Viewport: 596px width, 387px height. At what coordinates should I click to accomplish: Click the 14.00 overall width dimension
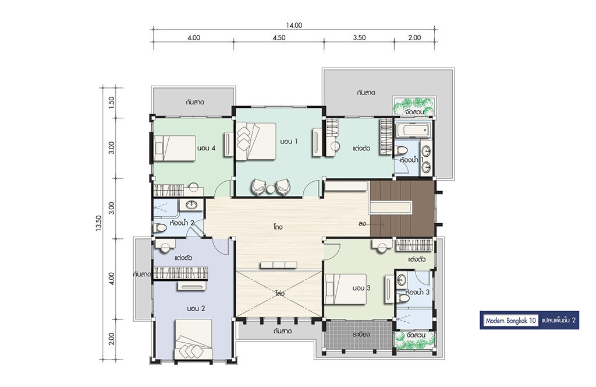click(x=294, y=25)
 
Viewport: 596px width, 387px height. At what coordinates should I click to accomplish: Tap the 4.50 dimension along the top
click(x=279, y=37)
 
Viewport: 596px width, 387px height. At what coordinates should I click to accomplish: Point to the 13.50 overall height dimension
click(x=99, y=223)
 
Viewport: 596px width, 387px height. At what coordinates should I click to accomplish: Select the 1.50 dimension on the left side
click(x=111, y=102)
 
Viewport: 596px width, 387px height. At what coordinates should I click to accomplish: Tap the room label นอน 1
click(x=289, y=141)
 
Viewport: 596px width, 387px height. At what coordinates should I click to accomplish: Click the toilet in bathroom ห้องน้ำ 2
click(x=160, y=228)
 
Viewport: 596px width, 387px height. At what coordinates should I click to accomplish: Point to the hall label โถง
click(x=278, y=227)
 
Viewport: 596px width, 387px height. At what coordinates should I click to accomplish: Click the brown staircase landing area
click(x=402, y=209)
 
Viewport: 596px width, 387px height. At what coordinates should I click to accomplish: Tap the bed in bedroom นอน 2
click(x=193, y=339)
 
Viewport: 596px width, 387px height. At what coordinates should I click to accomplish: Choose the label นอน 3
click(x=361, y=288)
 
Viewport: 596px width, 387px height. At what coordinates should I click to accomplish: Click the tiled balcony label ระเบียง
click(x=361, y=335)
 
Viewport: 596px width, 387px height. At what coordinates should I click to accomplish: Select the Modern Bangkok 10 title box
click(x=510, y=321)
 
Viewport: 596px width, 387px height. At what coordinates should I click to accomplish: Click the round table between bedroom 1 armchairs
click(x=270, y=189)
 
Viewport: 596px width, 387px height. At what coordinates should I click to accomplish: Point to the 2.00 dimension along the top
click(x=414, y=37)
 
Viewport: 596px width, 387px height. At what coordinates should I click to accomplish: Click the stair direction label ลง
click(x=362, y=224)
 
